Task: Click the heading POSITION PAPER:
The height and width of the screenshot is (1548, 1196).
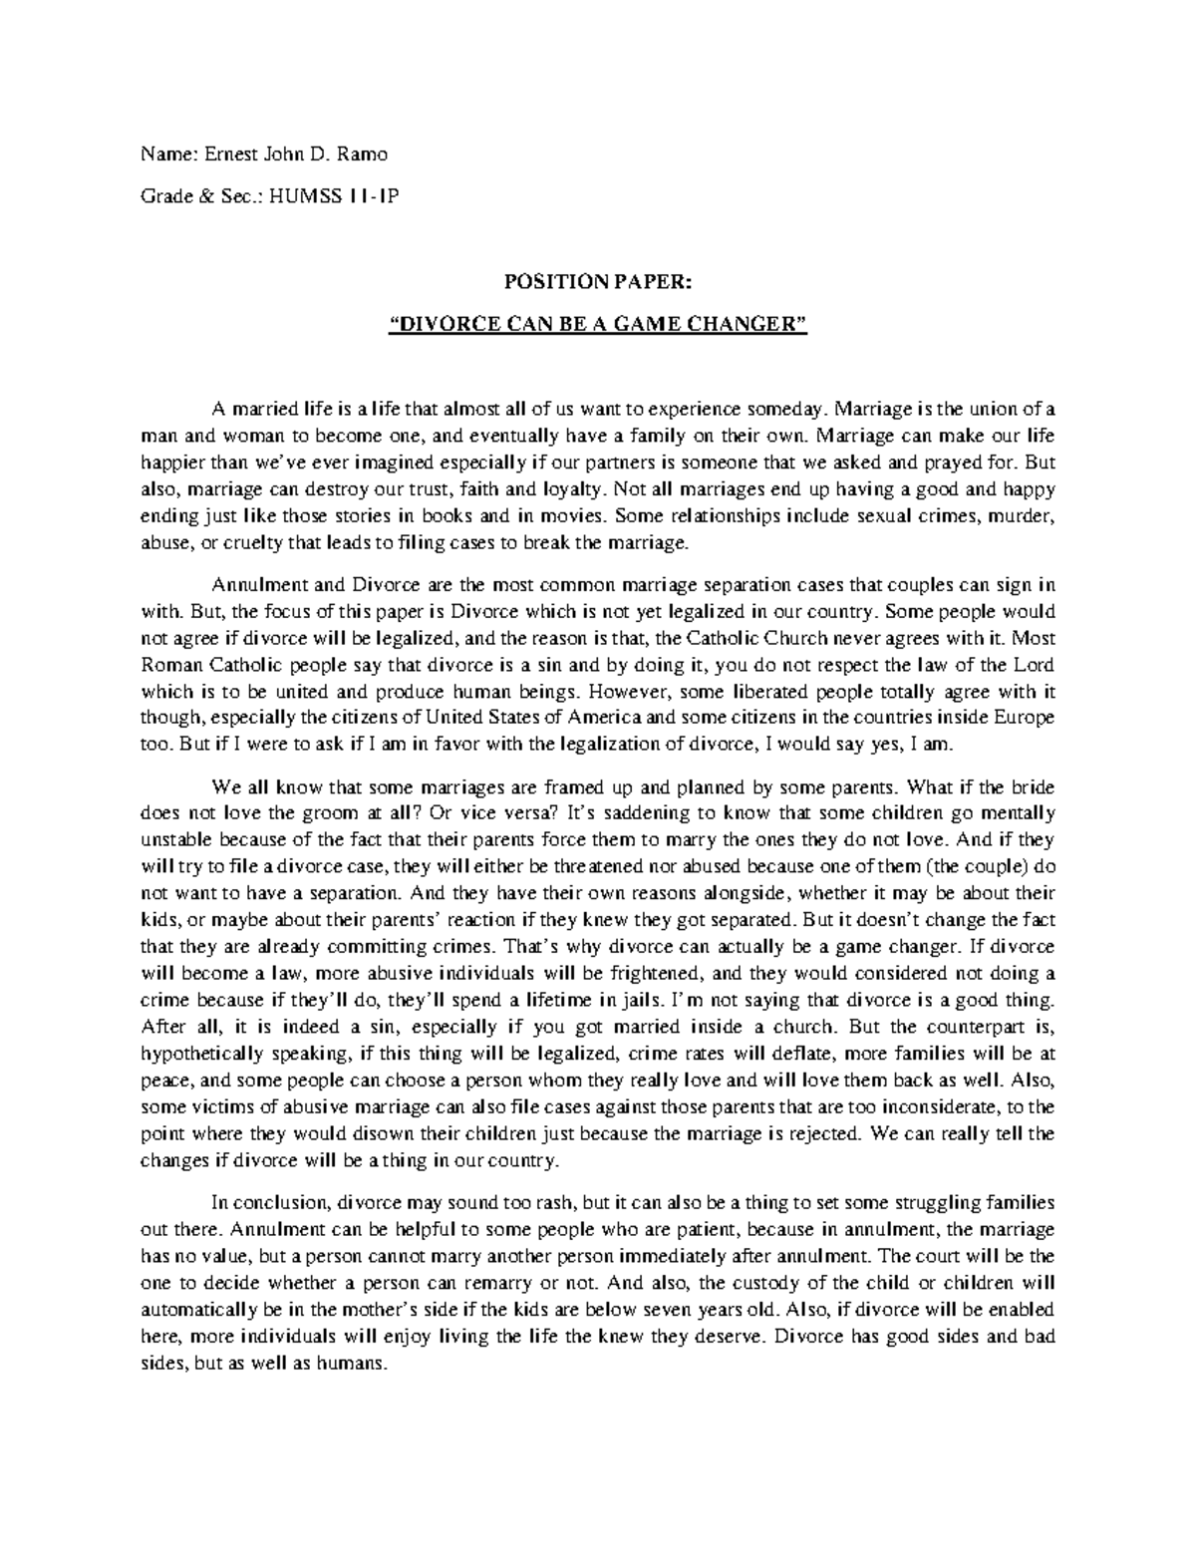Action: coord(597,284)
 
